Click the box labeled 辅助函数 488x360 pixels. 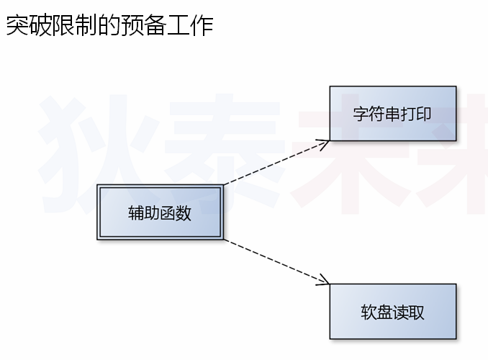[159, 213]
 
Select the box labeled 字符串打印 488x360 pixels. [392, 114]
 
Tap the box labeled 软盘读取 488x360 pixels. [392, 312]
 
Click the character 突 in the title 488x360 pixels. [18, 26]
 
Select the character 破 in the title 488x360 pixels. [42, 26]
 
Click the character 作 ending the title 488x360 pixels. [202, 26]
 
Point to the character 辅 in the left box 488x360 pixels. [136, 213]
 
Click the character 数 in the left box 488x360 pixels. [184, 213]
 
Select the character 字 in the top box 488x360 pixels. [361, 114]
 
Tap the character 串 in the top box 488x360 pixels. [392, 114]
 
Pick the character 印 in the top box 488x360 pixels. [424, 114]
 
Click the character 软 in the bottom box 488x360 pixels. [369, 312]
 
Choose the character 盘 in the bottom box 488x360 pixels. [384, 312]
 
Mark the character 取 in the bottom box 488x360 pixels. [416, 312]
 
